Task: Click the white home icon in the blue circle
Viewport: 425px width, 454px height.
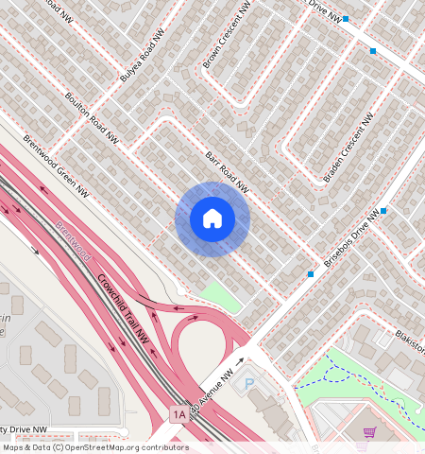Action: [x=212, y=219]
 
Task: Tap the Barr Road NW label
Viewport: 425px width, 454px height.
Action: [x=228, y=172]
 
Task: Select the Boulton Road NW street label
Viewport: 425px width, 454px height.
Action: [x=92, y=117]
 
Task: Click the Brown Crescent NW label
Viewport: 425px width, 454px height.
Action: [x=227, y=34]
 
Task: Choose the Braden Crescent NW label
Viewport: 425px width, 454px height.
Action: [x=350, y=143]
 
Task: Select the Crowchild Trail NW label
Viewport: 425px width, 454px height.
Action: [x=124, y=308]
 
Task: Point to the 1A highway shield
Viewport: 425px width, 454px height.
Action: [x=178, y=414]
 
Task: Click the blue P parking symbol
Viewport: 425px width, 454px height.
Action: [x=249, y=383]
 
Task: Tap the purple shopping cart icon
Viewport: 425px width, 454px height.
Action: [x=369, y=432]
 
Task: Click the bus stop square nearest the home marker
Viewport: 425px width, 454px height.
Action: [x=311, y=274]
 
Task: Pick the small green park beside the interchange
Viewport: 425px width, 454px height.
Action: [x=220, y=292]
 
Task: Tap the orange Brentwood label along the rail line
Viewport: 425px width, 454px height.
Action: [x=73, y=241]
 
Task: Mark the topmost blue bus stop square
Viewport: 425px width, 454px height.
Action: [x=347, y=19]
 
